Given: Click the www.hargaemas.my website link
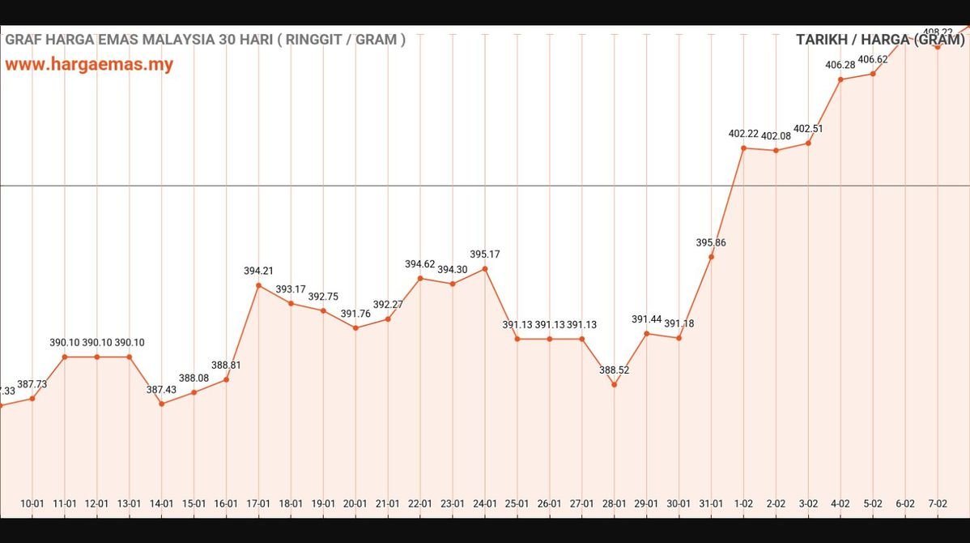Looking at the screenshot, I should (x=89, y=65).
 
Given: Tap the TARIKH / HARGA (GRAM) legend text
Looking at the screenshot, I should (x=881, y=40).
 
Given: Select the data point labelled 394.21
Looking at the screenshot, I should (x=258, y=285).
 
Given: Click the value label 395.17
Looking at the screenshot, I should (x=485, y=254).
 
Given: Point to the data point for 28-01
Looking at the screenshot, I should (x=615, y=384).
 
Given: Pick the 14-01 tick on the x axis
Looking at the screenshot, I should (x=162, y=503).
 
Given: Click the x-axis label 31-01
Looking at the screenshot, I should (x=712, y=503).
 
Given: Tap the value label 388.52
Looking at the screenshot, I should (x=615, y=370).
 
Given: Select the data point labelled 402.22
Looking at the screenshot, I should (x=744, y=148).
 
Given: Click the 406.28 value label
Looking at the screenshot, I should (x=840, y=65).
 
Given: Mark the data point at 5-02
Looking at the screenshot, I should (x=873, y=74).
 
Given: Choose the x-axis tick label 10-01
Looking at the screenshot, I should (x=32, y=503).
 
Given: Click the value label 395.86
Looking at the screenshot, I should (x=711, y=242).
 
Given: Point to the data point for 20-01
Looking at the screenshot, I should (x=355, y=327).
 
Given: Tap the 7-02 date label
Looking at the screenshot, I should (x=938, y=503).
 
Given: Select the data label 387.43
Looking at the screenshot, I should (x=162, y=390).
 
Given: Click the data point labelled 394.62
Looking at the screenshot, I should (x=420, y=278).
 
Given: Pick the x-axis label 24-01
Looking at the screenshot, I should (x=485, y=503).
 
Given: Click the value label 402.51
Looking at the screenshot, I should (x=808, y=129).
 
